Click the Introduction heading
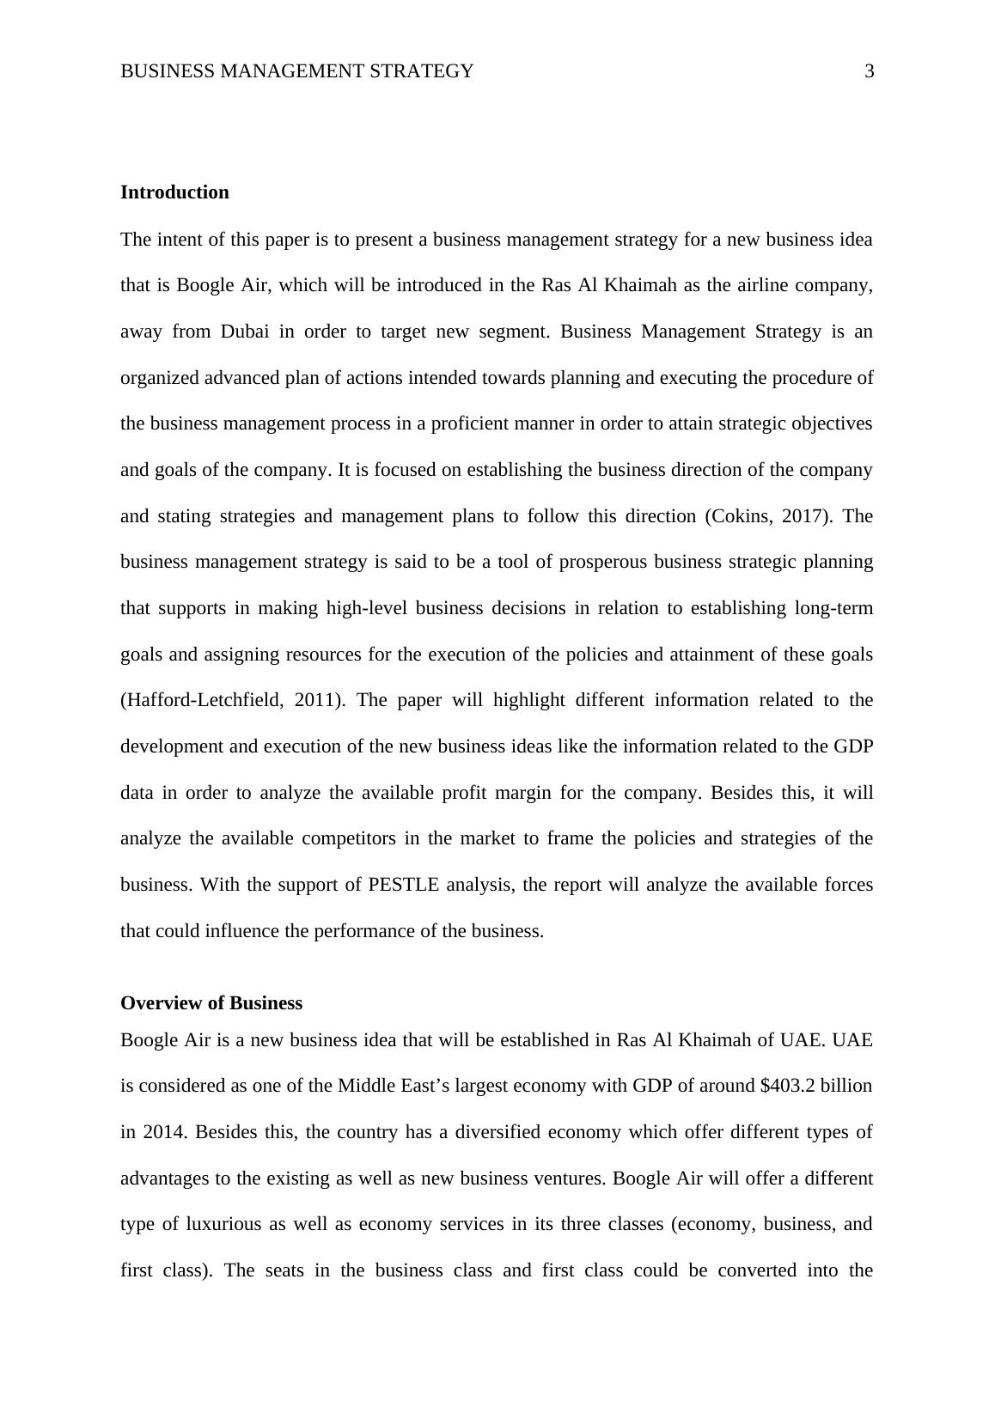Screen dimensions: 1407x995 [x=174, y=192]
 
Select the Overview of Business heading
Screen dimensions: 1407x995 [x=211, y=1003]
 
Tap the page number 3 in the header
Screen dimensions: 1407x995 [x=869, y=71]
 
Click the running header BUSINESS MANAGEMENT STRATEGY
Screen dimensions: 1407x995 [x=296, y=71]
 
